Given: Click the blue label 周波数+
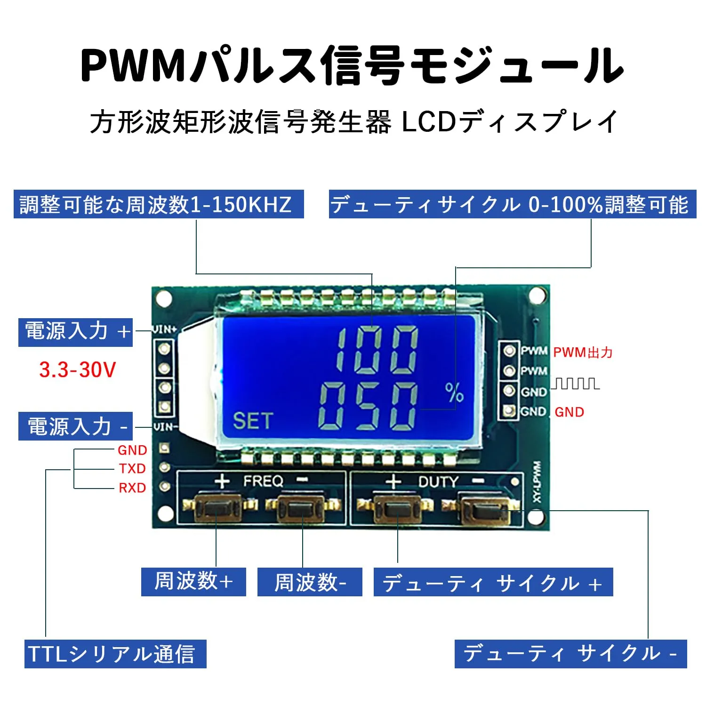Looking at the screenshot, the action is [193, 582].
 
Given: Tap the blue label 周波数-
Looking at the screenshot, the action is [310, 582].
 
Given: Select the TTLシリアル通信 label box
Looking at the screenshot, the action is [115, 654].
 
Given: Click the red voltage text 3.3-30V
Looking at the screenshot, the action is [78, 370].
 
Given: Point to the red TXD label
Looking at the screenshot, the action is [132, 469].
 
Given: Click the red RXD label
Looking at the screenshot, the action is [132, 488].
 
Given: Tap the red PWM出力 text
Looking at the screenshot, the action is [583, 353].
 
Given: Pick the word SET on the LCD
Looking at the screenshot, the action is [253, 421].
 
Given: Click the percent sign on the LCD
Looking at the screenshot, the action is [454, 393].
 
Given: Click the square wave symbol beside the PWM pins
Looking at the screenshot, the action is [575, 384].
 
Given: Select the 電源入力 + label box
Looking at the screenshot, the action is [75, 332].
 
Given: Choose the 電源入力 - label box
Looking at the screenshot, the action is [75, 426].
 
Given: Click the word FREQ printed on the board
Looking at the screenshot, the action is [264, 481].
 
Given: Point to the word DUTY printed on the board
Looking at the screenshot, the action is [438, 481].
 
